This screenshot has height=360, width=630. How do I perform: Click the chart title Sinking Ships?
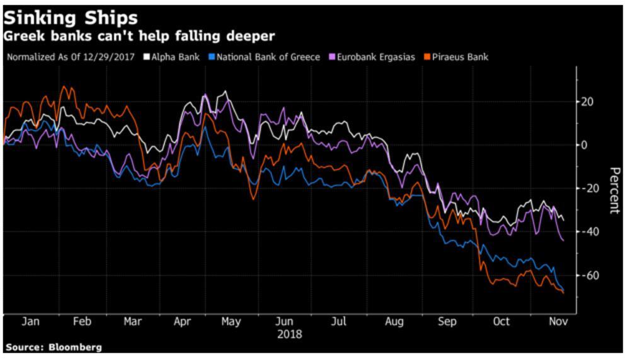point(71,16)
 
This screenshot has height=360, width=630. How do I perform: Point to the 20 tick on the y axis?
point(589,102)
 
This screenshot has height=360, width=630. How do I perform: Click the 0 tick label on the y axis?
point(585,145)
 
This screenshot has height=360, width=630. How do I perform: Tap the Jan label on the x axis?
point(31,322)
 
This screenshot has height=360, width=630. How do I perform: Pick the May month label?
point(231,322)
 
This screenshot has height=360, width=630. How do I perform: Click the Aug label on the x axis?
point(394,322)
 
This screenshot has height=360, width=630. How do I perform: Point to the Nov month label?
point(556,322)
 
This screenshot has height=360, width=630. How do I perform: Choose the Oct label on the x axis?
point(501,322)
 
